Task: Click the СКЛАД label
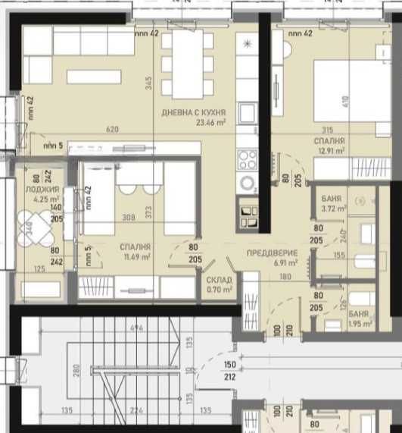coord(219,279)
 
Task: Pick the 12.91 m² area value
coord(332,151)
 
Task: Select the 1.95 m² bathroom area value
coord(360,323)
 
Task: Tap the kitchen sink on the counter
coord(247,114)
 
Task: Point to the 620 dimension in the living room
coord(113,130)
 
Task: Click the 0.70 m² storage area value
coord(219,289)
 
